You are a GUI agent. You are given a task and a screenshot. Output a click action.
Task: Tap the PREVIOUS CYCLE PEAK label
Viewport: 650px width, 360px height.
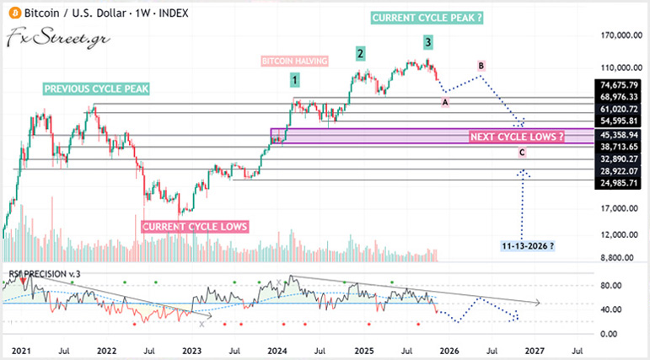pyautogui.click(x=95, y=88)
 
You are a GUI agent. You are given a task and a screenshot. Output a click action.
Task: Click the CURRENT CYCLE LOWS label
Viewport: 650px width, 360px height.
pyautogui.click(x=195, y=227)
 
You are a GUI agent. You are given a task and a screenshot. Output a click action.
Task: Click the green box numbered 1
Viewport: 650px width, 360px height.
pyautogui.click(x=295, y=80)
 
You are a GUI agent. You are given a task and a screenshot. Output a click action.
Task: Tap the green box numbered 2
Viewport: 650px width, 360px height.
pyautogui.click(x=360, y=54)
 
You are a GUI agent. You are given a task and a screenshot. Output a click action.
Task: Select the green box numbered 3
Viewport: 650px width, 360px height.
pyautogui.click(x=428, y=41)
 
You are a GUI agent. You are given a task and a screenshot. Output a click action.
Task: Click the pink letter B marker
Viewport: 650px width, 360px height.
pyautogui.click(x=481, y=65)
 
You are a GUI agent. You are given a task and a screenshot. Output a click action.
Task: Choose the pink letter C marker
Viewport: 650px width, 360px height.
pyautogui.click(x=522, y=153)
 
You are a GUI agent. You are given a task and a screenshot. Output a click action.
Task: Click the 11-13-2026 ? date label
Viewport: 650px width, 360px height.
pyautogui.click(x=529, y=244)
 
